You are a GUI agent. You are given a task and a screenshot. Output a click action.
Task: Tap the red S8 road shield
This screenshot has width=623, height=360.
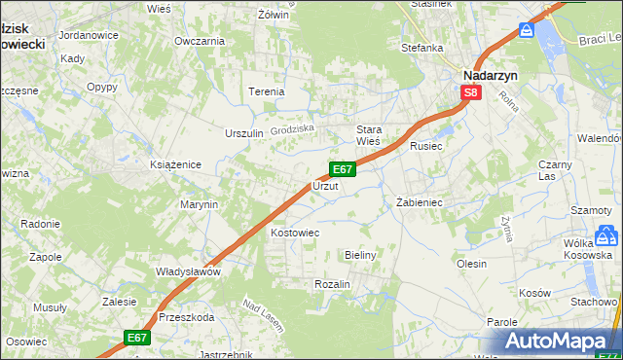471,92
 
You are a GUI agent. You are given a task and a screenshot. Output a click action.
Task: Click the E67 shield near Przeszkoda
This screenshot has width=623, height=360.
136,338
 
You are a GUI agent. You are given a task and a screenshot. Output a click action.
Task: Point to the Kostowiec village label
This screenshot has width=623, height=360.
295,234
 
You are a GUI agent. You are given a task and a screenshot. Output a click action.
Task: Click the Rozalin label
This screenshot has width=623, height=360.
332,283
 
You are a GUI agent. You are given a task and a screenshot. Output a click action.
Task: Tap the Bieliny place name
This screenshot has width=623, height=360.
360,254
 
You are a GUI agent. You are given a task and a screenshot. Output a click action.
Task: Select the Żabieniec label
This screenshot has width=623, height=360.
420,203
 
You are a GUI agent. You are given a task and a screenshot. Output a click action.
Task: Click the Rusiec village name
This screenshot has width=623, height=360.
426,147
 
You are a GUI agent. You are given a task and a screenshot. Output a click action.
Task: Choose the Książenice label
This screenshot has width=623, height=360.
175,164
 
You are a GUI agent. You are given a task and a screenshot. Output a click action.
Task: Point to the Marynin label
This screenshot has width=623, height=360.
199,205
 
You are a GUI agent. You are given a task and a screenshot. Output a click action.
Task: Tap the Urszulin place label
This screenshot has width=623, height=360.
244,133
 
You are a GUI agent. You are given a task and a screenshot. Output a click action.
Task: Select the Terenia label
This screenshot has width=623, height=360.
266,91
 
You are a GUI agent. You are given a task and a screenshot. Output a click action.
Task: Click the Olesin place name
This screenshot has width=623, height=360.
471,263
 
